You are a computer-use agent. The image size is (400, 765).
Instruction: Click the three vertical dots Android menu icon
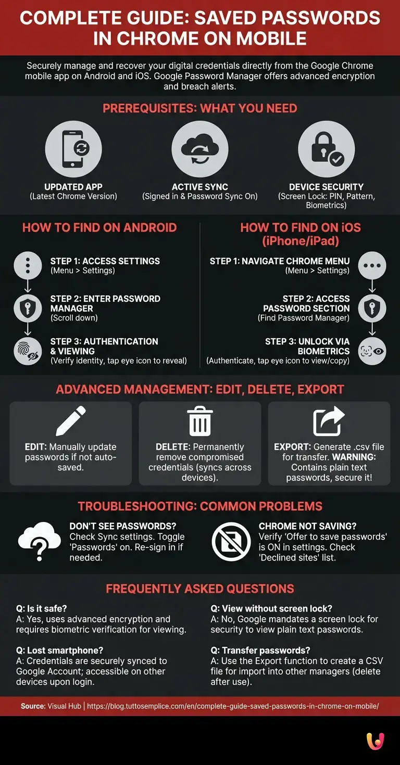(28, 265)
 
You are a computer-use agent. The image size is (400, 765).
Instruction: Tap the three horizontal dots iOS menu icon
(372, 265)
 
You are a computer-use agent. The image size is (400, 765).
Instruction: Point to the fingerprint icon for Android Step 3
(28, 351)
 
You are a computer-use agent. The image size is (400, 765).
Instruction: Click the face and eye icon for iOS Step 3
(372, 351)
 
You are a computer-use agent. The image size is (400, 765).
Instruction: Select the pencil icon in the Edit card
(71, 421)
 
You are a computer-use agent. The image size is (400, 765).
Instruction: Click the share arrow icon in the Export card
(329, 421)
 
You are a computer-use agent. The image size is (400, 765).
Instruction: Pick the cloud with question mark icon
(39, 542)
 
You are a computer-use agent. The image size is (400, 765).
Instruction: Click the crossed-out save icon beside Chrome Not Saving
(231, 542)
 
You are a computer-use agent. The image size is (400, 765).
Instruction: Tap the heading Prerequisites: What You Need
(199, 109)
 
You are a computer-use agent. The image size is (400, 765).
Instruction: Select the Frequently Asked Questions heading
(199, 589)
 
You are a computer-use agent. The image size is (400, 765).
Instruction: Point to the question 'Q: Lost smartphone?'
(59, 651)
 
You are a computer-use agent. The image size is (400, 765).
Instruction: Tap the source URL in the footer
(233, 706)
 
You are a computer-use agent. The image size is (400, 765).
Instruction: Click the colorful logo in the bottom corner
(375, 741)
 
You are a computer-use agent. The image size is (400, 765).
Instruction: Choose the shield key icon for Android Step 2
(28, 309)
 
